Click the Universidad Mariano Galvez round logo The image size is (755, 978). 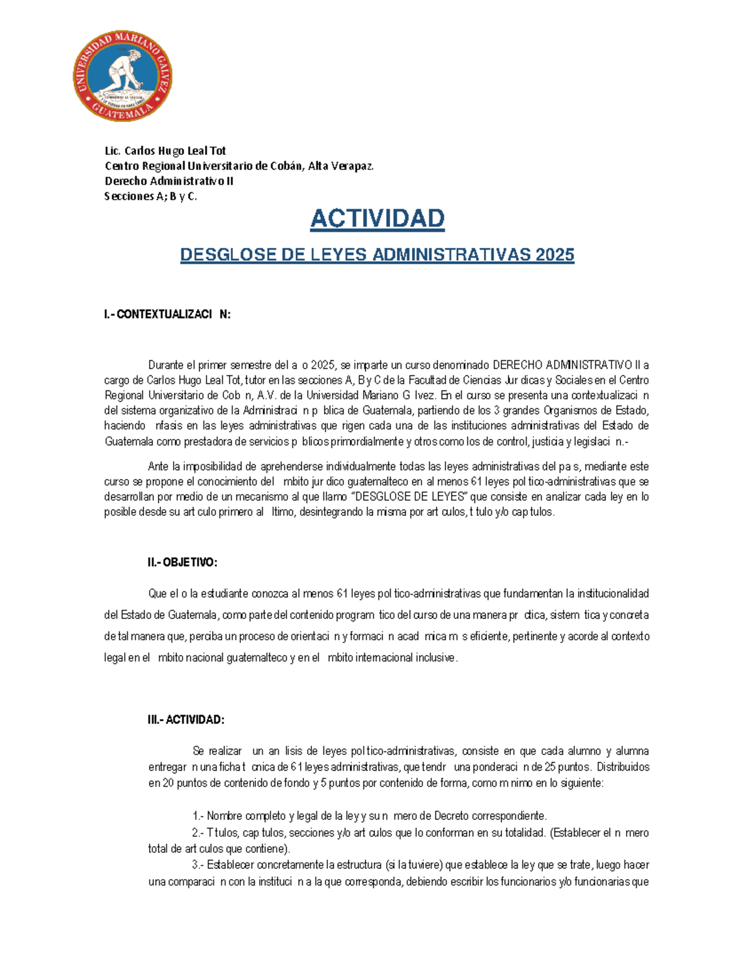pyautogui.click(x=122, y=77)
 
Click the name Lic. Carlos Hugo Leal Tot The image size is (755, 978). pyautogui.click(x=165, y=151)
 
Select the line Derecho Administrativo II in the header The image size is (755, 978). pyautogui.click(x=169, y=181)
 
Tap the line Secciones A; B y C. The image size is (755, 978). pyautogui.click(x=150, y=196)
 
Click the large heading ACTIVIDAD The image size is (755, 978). pyautogui.click(x=377, y=219)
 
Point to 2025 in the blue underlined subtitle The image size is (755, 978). pyautogui.click(x=555, y=254)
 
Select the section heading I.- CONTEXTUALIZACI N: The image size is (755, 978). pyautogui.click(x=167, y=314)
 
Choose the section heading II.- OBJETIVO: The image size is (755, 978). pyautogui.click(x=182, y=562)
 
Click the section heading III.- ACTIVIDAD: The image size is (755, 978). pyautogui.click(x=186, y=720)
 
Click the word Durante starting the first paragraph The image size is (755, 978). pyautogui.click(x=166, y=365)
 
